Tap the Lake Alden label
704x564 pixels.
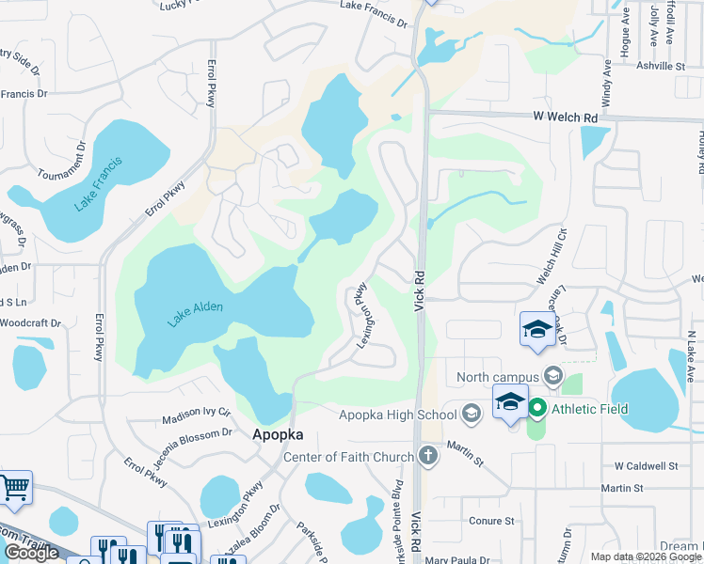pos(195,313)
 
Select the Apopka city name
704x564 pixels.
pos(277,435)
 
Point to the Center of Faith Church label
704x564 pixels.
pos(348,458)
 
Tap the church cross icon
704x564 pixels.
pos(428,458)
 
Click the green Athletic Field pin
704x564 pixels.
pos(537,409)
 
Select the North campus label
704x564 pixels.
pos(498,378)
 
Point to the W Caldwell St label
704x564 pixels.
pos(646,466)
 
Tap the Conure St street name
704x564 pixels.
pos(491,520)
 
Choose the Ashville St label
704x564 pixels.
pos(661,67)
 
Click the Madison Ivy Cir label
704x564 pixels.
pos(197,412)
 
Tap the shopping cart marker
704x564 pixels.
pos(13,487)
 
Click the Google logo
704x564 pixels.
pos(31,553)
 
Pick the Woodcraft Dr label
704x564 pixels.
pos(30,323)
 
